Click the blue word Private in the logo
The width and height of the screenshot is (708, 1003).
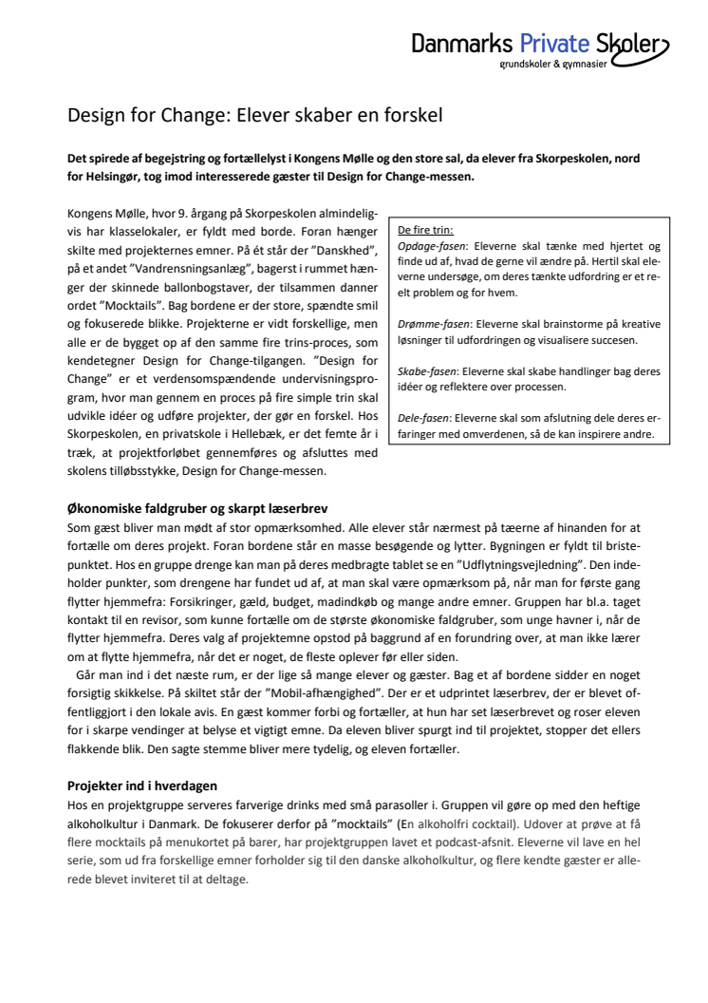tap(554, 43)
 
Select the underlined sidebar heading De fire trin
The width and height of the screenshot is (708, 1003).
tap(425, 229)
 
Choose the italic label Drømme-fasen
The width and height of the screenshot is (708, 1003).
tap(427, 324)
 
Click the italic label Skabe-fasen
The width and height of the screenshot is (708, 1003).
tap(423, 371)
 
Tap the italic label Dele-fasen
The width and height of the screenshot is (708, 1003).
tap(421, 419)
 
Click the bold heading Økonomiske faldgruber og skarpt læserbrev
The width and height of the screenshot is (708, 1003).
tap(197, 508)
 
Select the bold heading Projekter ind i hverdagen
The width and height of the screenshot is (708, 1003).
tap(142, 785)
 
